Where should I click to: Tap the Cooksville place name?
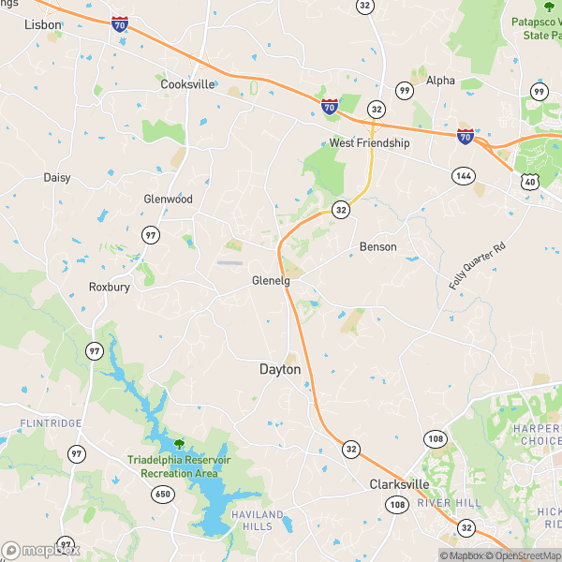pyautogui.click(x=188, y=83)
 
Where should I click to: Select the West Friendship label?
pyautogui.click(x=369, y=143)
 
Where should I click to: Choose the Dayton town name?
pyautogui.click(x=280, y=370)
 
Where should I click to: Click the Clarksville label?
pyautogui.click(x=399, y=484)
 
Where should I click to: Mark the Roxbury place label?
pyautogui.click(x=110, y=287)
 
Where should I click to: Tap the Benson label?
pyautogui.click(x=377, y=247)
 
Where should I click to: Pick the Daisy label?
pyautogui.click(x=57, y=177)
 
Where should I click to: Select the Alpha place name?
pyautogui.click(x=440, y=81)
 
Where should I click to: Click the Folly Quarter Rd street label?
pyautogui.click(x=477, y=265)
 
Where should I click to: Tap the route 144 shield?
pyautogui.click(x=462, y=175)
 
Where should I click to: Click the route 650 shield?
pyautogui.click(x=164, y=494)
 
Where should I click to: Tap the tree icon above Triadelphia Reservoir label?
pyautogui.click(x=178, y=443)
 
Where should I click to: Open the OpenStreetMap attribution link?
pyautogui.click(x=527, y=555)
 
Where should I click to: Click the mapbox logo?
pyautogui.click(x=41, y=550)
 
